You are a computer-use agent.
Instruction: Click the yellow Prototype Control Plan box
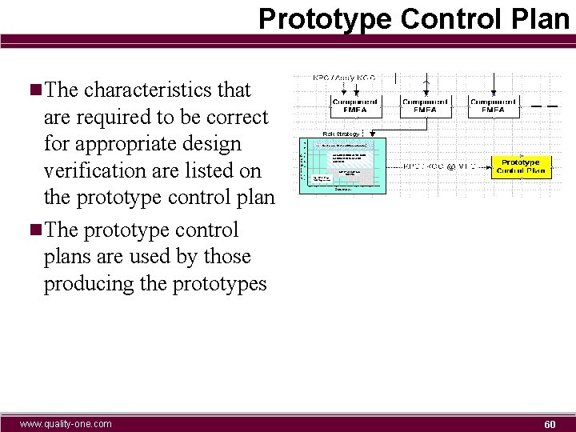click(520, 166)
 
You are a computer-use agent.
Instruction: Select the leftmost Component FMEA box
click(355, 106)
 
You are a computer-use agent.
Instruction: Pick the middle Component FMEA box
click(425, 106)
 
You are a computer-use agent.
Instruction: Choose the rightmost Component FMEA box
click(493, 106)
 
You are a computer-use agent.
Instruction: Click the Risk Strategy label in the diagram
click(341, 134)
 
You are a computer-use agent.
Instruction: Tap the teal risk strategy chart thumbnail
click(342, 165)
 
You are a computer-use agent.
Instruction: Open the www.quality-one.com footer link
click(66, 423)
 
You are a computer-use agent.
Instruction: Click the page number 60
click(550, 423)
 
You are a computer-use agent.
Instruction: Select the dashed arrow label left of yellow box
click(439, 166)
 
